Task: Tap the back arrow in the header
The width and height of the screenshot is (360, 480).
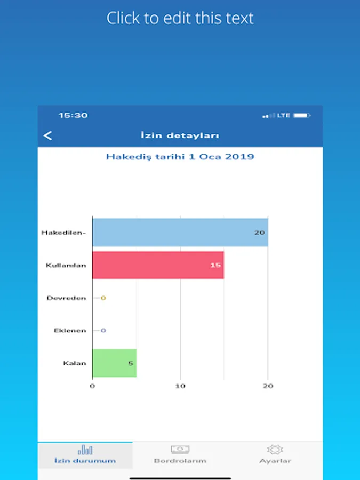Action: pos(48,135)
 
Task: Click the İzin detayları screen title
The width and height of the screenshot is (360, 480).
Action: pos(180,135)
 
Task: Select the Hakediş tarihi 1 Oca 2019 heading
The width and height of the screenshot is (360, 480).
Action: pos(180,157)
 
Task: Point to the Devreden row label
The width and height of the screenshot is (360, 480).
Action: pos(66,298)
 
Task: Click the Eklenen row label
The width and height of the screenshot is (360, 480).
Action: pos(70,331)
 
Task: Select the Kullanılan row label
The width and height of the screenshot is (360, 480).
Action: pos(66,265)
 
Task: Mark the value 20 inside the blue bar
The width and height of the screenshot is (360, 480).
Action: pos(259,233)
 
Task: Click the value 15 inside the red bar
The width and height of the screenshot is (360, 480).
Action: pos(215,265)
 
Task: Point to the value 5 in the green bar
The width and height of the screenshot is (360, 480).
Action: pos(130,364)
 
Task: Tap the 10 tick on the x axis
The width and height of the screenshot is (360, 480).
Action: pos(181,386)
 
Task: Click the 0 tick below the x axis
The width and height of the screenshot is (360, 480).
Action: pos(93,386)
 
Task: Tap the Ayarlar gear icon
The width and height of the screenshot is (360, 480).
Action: pos(275,450)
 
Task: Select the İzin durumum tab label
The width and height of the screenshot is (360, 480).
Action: pos(85,461)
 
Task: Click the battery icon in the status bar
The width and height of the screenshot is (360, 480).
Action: pos(302,115)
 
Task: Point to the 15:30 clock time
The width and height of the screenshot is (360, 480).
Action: pos(73,115)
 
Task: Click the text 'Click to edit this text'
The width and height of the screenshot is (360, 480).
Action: pos(180,18)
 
